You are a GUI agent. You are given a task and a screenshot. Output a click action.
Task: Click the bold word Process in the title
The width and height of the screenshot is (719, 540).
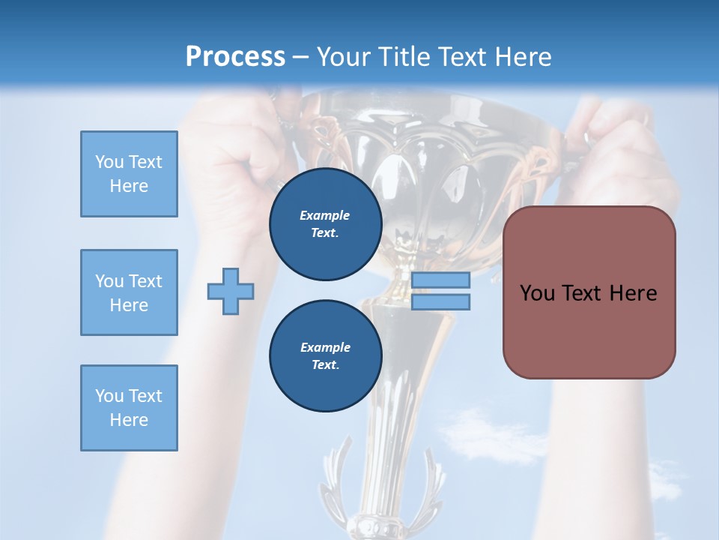(x=235, y=56)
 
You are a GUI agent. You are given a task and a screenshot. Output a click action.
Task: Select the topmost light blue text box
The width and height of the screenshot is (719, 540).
(x=129, y=174)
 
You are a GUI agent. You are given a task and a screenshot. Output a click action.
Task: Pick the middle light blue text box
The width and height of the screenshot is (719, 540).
(x=129, y=292)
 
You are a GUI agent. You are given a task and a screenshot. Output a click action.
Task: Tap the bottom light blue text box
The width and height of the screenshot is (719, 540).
(x=129, y=408)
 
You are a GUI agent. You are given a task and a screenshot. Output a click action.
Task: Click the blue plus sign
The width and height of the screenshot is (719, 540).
(x=231, y=291)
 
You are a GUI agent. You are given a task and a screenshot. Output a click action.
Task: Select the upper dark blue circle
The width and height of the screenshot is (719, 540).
(x=325, y=223)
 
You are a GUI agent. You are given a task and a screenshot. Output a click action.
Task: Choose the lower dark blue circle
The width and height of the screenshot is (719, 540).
(x=325, y=355)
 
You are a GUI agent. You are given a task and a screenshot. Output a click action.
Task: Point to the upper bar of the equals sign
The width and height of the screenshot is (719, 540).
(x=440, y=280)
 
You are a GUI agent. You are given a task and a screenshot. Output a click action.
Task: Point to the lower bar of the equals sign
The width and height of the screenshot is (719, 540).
(x=440, y=301)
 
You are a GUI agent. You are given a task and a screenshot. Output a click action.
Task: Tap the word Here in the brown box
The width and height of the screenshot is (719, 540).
(x=633, y=293)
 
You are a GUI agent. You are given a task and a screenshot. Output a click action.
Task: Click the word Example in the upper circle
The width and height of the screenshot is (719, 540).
(x=325, y=215)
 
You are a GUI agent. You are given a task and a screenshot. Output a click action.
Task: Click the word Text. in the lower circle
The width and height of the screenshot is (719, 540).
(x=325, y=365)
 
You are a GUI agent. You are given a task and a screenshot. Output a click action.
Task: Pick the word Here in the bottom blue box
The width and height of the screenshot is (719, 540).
(x=129, y=420)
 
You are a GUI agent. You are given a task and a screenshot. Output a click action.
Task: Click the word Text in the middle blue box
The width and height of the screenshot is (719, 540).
(x=145, y=281)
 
